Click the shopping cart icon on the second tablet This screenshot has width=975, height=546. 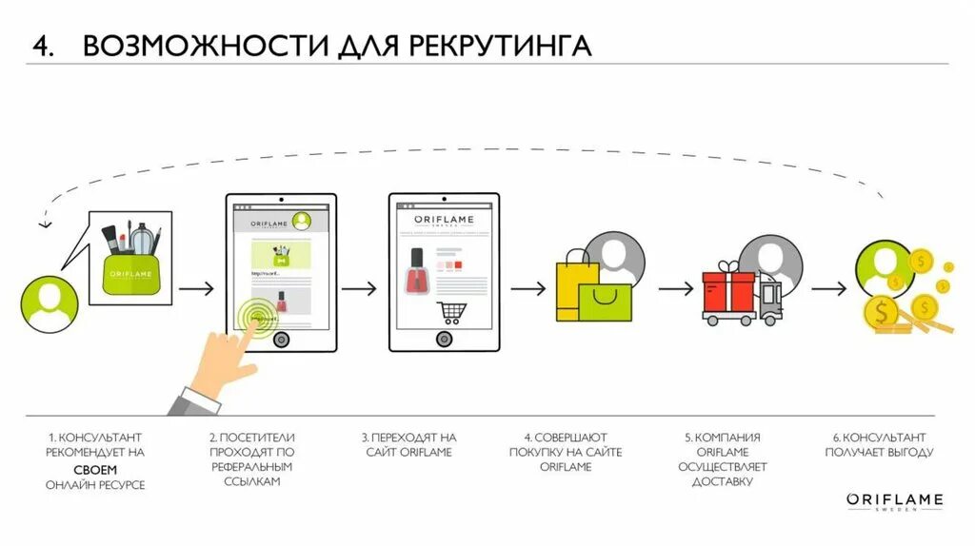450,310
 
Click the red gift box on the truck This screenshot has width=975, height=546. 728,288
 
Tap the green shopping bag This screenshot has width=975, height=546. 605,300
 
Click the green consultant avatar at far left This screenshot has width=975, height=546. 49,303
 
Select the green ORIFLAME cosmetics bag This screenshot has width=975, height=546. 130,270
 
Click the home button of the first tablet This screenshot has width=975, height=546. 280,340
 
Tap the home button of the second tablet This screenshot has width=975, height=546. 443,339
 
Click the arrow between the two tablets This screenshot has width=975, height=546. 361,288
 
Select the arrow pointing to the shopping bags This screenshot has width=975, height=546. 527,288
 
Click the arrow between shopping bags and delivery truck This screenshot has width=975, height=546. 675,288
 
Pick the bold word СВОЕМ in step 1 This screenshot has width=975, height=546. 96,470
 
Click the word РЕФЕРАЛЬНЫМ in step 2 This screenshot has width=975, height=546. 252,468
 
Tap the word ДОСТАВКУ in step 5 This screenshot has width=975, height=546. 723,482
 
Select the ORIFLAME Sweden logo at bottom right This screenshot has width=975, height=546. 894,501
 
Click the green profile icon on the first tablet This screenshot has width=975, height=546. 303,222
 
